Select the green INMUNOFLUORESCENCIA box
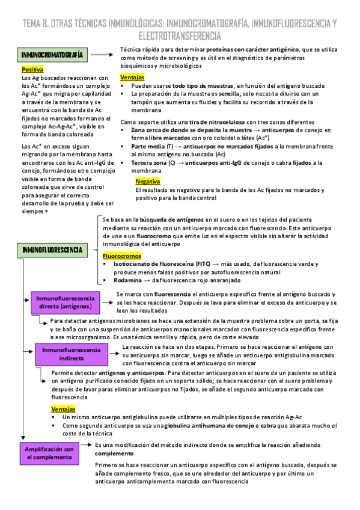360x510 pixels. click(53, 250)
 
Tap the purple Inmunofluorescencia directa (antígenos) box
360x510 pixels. click(65, 303)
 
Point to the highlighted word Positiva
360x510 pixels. click(32, 70)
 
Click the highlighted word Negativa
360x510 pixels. click(148, 181)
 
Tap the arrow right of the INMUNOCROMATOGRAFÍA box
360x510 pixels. click(105, 55)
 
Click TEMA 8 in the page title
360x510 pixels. click(35, 23)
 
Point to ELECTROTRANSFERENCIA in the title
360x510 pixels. click(179, 37)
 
